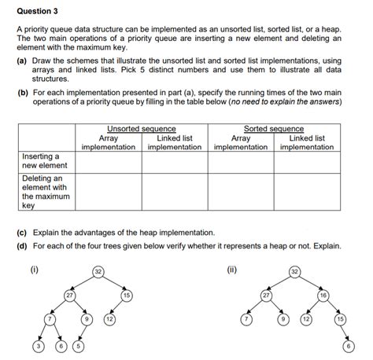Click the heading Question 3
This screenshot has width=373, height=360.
[x=37, y=12]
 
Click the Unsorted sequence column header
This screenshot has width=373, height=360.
[x=142, y=128]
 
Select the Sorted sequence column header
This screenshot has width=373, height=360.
[x=274, y=128]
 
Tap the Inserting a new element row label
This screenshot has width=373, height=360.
[x=44, y=161]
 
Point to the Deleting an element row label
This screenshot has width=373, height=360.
[x=44, y=192]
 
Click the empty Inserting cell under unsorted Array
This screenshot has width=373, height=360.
[x=109, y=161]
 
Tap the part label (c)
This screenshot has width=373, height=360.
[x=22, y=233]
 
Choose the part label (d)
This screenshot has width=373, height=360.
[x=22, y=246]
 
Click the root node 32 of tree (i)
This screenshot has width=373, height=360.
[x=97, y=271]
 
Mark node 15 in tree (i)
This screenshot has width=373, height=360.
[x=126, y=295]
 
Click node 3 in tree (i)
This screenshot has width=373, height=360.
[x=36, y=346]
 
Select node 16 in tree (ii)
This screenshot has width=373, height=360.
[x=323, y=295]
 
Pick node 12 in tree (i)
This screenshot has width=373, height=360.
[x=111, y=321]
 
